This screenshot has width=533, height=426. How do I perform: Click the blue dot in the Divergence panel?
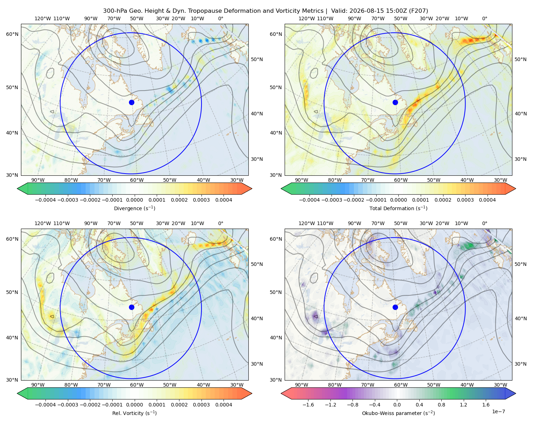click(x=131, y=102)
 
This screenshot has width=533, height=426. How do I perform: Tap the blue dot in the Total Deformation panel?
click(x=395, y=102)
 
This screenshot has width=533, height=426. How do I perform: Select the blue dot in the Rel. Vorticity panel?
click(x=131, y=307)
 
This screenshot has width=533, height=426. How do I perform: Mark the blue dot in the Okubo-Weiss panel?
click(x=395, y=307)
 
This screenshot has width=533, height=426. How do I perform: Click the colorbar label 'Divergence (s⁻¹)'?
click(x=134, y=208)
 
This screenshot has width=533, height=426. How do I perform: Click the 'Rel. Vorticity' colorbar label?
click(x=128, y=413)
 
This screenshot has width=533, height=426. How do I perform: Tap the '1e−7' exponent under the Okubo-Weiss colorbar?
click(x=498, y=411)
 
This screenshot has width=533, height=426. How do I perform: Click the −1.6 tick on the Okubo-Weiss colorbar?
click(x=308, y=405)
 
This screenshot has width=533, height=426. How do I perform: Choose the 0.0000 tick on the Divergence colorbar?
click(x=134, y=200)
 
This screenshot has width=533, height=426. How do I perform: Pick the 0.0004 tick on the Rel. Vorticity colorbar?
click(x=224, y=405)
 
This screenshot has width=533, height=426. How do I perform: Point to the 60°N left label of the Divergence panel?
click(x=12, y=34)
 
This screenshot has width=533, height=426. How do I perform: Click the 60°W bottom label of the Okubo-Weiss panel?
click(x=400, y=385)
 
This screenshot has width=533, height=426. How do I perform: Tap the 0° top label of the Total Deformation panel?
click(x=484, y=18)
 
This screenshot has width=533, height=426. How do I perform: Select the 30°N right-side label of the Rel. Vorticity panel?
click(x=257, y=364)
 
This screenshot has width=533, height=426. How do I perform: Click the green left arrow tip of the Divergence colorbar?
click(x=17, y=189)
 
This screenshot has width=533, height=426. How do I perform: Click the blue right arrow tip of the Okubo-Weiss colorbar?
click(x=516, y=393)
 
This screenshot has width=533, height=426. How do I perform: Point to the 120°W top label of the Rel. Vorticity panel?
click(x=43, y=223)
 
